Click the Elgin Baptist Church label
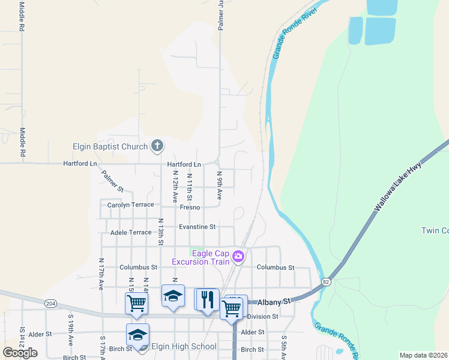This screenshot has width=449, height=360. pos(110,146)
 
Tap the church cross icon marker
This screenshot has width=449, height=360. pos(157,145)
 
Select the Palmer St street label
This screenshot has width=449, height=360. pos(112,181)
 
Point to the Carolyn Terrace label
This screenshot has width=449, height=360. pos(130,205)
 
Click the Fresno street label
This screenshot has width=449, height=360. pos(190,208)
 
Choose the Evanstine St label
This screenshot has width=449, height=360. pos(197,227)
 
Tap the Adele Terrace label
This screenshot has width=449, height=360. pos(131,232)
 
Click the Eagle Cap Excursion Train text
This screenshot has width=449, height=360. pos(200,257)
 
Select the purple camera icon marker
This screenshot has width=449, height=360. pos(239,257)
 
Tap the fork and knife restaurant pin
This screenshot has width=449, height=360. pos(208,299)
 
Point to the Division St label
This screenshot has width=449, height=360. pos(263,316)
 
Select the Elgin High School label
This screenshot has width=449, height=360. pos(184,346)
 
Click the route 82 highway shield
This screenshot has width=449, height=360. pos(326,281)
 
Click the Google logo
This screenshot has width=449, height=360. pos(20,353)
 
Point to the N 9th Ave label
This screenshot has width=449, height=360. pos(220,185)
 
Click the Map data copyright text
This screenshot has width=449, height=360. pos(423,355)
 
